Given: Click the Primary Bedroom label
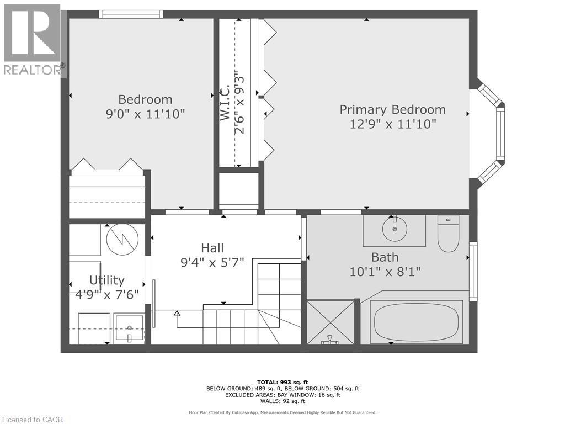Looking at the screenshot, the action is [392, 110].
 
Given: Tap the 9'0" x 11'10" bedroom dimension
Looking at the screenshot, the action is [145, 114].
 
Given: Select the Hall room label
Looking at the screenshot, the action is [212, 248].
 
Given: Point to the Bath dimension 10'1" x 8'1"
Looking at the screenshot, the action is [385, 272].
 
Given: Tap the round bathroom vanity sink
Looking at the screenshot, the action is [395, 229].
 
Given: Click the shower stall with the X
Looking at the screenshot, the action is [330, 322].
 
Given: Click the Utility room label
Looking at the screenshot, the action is [107, 280].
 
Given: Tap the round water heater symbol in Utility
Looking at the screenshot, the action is [122, 239].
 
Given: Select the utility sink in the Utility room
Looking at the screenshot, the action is [129, 328].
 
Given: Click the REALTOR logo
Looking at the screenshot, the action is [33, 40].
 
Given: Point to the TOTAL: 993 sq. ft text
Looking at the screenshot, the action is [282, 382].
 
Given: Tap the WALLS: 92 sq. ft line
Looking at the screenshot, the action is [282, 401].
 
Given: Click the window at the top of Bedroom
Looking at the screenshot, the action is [131, 14].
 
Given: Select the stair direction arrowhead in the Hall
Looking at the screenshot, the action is [177, 313].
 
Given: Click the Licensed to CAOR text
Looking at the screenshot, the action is [31, 420].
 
